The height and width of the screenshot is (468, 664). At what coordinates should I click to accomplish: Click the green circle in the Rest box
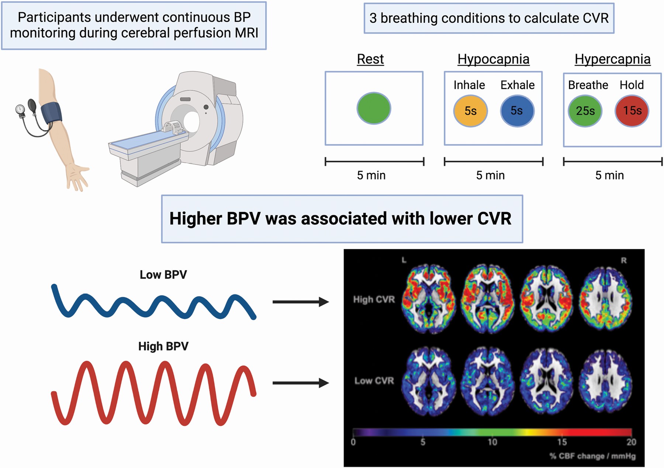pos(374,108)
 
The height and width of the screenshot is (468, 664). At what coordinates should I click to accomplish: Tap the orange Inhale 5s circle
pos(470,111)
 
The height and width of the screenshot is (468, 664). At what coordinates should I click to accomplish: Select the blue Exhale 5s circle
pos(517,111)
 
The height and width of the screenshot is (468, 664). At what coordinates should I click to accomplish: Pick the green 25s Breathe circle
pos(585,111)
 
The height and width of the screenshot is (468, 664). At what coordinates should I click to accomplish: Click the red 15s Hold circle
pos(632,111)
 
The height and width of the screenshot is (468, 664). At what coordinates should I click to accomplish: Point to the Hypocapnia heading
pos(493,59)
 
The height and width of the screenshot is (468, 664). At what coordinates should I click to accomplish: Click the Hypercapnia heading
pos(612,59)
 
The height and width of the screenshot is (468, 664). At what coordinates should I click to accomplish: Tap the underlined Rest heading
pos(370,59)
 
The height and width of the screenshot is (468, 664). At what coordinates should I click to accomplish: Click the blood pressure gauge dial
pos(20,109)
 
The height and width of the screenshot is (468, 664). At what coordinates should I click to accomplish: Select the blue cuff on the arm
pos(51,113)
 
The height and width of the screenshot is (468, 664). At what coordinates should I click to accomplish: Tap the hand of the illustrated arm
pos(77,176)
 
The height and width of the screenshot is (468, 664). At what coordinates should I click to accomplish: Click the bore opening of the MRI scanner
pos(191,121)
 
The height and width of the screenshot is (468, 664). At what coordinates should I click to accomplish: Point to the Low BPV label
pos(163,275)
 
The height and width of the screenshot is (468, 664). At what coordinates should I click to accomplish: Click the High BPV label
pos(163,346)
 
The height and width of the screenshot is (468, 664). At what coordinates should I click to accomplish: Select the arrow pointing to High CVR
pos(300,302)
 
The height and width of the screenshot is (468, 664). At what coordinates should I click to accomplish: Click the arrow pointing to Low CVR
pos(300,383)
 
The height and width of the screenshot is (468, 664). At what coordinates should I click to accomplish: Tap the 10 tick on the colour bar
pos(492,441)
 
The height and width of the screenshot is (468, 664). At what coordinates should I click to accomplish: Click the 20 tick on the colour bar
pos(631,441)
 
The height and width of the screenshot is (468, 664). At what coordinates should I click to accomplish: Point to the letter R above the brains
pos(623,260)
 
